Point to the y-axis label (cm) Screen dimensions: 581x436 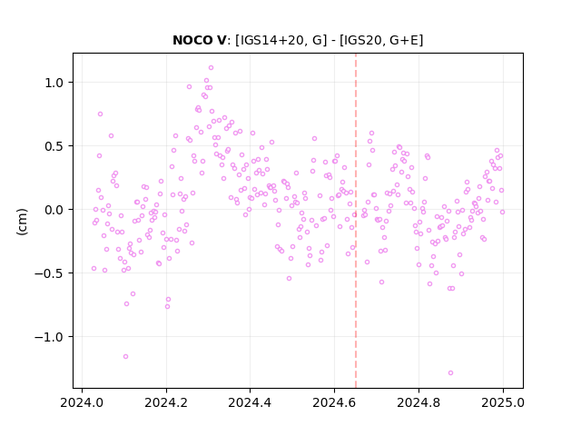[22, 222]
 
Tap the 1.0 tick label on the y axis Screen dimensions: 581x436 [54, 83]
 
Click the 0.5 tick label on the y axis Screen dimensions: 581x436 [54, 146]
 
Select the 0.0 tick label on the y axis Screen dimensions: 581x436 [54, 210]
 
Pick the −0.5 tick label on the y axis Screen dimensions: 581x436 [49, 273]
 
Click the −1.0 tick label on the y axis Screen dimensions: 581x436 [49, 337]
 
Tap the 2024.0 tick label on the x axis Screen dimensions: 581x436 [82, 402]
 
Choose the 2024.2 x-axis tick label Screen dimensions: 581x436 [166, 402]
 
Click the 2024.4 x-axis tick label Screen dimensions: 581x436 [251, 402]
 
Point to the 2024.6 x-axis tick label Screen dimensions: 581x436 [334, 402]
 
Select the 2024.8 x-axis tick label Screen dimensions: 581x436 [419, 402]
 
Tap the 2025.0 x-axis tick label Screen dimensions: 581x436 [503, 402]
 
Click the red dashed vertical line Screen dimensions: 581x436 [356, 221]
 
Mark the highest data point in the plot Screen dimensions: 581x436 [211, 68]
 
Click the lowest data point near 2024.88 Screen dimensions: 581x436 [450, 373]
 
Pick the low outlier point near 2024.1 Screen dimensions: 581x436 [125, 357]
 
